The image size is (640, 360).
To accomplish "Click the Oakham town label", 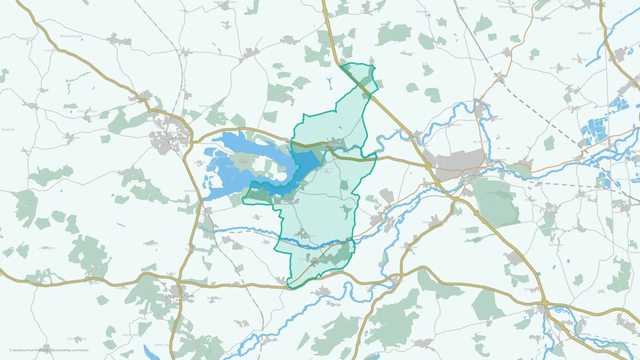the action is pyautogui.click(x=175, y=138).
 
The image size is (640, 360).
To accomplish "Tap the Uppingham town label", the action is pyautogui.click(x=180, y=296).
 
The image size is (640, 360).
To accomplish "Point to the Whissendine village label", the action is pyautogui.click(x=119, y=41).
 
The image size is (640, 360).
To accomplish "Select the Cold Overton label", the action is pyautogui.click(x=87, y=111).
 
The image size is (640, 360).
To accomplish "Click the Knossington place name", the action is pyautogui.click(x=71, y=138).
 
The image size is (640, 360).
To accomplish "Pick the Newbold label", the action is pyautogui.click(x=8, y=130).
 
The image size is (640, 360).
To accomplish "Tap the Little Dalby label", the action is pyautogui.click(x=27, y=39).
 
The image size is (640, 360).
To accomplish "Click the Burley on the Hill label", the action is pyautogui.click(x=212, y=106).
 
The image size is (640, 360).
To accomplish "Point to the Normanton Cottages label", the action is pyautogui.click(x=326, y=171).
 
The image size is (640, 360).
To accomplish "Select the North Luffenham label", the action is pyautogui.click(x=305, y=236).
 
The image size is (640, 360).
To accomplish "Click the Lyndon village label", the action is pyautogui.click(x=257, y=217).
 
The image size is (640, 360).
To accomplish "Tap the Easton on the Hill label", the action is pyautogui.click(x=435, y=222).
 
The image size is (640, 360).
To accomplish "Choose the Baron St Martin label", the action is pyautogui.click(x=471, y=180).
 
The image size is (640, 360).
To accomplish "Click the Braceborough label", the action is pyautogui.click(x=560, y=68).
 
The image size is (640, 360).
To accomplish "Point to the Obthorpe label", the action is pyautogui.click(x=584, y=33).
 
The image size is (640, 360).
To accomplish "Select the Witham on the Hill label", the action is pyautogui.click(x=512, y=7).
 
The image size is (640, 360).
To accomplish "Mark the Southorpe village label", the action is pyautogui.click(x=556, y=245).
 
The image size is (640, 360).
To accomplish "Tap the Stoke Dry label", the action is pyautogui.click(x=162, y=345).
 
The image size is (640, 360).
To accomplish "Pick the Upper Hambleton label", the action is pyautogui.click(x=243, y=160).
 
